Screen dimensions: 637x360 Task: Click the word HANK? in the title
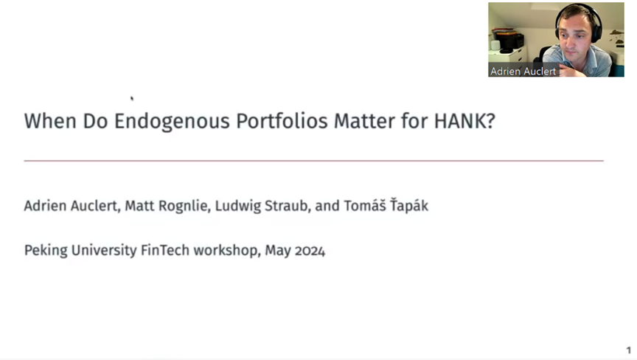pyautogui.click(x=464, y=121)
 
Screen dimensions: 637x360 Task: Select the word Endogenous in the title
pyautogui.click(x=172, y=122)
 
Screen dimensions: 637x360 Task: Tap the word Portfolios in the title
pyautogui.click(x=282, y=121)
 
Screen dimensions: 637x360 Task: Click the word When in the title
pyautogui.click(x=50, y=121)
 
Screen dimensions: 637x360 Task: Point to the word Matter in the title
pyautogui.click(x=364, y=121)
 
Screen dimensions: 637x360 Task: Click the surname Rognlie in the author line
pyautogui.click(x=182, y=206)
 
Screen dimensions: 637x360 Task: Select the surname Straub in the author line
pyautogui.click(x=288, y=206)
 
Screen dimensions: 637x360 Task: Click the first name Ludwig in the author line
pyautogui.click(x=237, y=206)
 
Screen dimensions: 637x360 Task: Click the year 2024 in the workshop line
pyautogui.click(x=310, y=250)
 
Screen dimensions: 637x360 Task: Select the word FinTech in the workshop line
pyautogui.click(x=165, y=250)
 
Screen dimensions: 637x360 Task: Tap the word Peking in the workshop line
pyautogui.click(x=46, y=250)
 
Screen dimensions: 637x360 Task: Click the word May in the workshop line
pyautogui.click(x=278, y=251)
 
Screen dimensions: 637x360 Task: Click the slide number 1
pyautogui.click(x=628, y=350)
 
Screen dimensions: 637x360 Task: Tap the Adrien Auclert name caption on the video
pyautogui.click(x=523, y=71)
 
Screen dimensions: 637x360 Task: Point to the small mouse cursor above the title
pyautogui.click(x=132, y=98)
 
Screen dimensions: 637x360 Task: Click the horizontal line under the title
pyautogui.click(x=313, y=161)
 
